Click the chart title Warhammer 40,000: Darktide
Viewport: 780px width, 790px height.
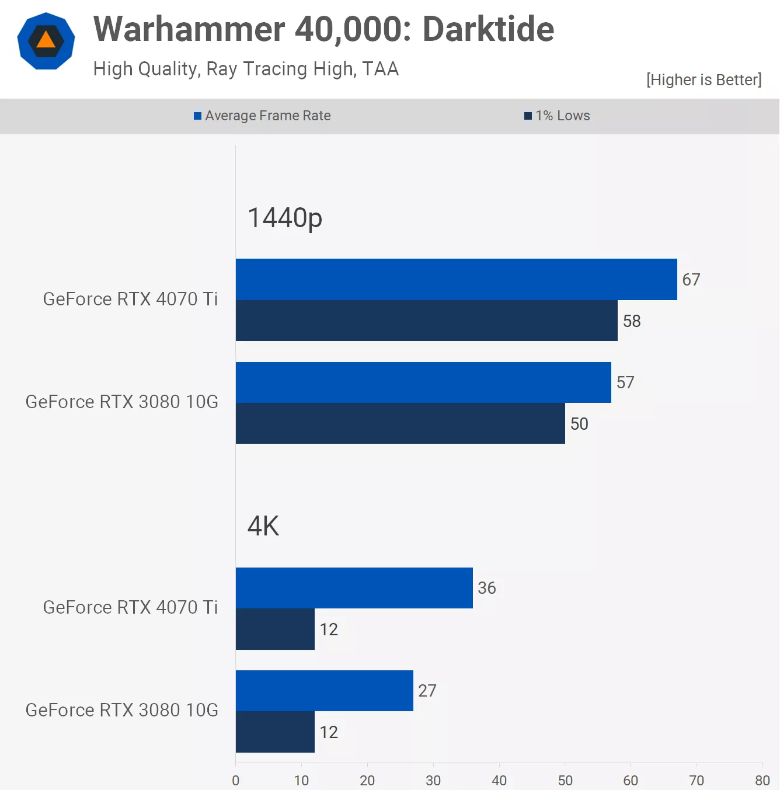point(323,29)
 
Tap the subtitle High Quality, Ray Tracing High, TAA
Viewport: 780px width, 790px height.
point(246,69)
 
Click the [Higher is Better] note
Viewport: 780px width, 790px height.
point(704,80)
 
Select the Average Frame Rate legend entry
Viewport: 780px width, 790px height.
point(262,116)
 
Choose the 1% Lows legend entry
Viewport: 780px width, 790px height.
point(557,116)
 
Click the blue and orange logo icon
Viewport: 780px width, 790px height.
point(46,41)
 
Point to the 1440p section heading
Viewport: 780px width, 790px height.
point(285,218)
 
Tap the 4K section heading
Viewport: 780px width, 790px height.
point(263,526)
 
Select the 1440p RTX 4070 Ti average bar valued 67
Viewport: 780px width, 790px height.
point(456,280)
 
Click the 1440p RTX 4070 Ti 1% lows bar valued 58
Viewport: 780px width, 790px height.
point(426,321)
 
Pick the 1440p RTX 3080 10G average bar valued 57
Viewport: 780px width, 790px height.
point(423,382)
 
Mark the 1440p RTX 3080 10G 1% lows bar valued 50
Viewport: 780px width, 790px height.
point(400,423)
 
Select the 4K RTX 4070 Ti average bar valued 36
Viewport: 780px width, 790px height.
point(354,588)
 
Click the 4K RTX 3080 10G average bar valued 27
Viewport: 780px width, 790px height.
point(324,691)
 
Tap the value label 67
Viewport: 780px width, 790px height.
point(691,280)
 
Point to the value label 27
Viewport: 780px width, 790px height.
point(427,691)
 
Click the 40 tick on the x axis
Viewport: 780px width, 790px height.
point(499,780)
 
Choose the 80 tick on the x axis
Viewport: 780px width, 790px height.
point(762,780)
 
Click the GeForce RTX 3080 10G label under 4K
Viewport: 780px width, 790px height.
point(122,710)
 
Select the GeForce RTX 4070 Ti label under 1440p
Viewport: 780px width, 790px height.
point(130,299)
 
